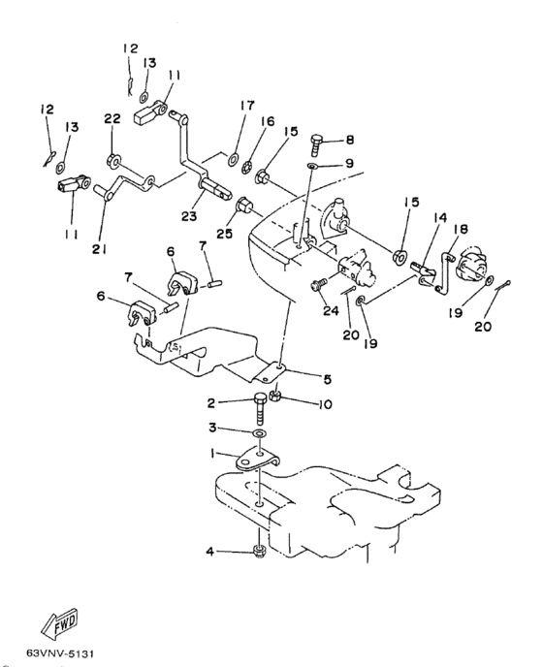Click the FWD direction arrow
[x=61, y=621]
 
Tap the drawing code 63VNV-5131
[x=60, y=652]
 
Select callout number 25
[x=225, y=233]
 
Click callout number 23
[x=189, y=216]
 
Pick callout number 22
[x=112, y=118]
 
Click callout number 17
[x=247, y=105]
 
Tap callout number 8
[x=350, y=140]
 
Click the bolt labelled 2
[x=260, y=408]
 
